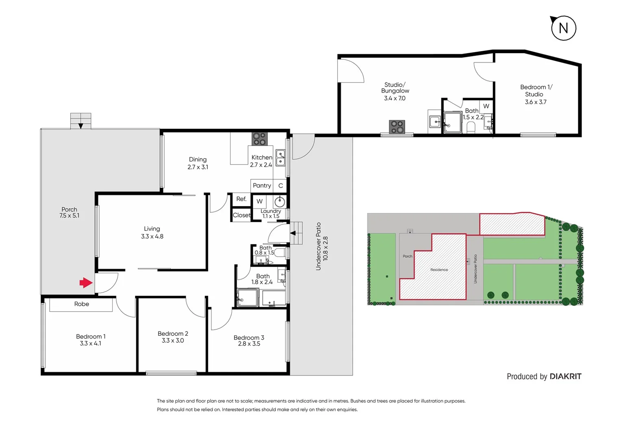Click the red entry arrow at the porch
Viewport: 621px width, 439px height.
click(86, 283)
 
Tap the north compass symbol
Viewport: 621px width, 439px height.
click(563, 28)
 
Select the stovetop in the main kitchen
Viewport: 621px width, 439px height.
click(259, 139)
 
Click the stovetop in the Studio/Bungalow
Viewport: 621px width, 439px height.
click(397, 127)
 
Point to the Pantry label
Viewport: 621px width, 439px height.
click(262, 185)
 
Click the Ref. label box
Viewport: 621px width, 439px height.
click(241, 199)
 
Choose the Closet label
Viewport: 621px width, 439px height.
click(241, 215)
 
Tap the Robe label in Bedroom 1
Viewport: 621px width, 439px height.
click(81, 304)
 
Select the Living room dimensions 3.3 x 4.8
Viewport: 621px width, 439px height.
click(152, 236)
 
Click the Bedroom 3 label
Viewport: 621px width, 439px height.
click(249, 337)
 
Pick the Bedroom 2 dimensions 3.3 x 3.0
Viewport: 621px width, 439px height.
click(173, 341)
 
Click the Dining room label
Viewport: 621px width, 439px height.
click(198, 159)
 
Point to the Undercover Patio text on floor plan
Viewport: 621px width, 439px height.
click(318, 246)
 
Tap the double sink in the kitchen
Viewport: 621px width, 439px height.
click(280, 158)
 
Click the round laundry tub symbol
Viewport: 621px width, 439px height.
click(280, 202)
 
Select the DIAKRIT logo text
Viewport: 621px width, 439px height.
click(566, 376)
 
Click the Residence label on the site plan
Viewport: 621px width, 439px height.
click(439, 269)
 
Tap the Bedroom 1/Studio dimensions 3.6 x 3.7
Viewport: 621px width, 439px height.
click(536, 102)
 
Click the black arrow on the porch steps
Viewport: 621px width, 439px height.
click(81, 126)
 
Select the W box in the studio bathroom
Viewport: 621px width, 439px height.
click(486, 106)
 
